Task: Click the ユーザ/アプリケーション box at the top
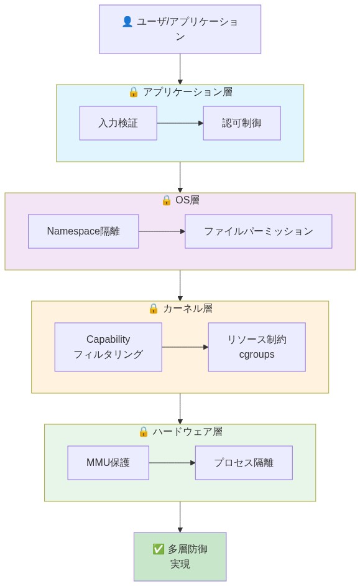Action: [180, 29]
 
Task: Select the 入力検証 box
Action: [118, 123]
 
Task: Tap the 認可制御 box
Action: [242, 123]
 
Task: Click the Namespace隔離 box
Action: [83, 231]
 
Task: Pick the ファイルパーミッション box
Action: [258, 231]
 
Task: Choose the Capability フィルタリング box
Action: [108, 347]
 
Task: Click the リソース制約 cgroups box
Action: [257, 347]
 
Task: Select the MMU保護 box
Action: [108, 463]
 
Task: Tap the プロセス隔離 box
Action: [244, 463]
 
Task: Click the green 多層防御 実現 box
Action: [180, 557]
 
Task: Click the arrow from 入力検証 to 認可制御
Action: [180, 123]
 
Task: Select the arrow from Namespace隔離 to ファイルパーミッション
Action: [162, 231]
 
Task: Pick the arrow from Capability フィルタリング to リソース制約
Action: [185, 347]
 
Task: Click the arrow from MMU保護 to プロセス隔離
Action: [172, 463]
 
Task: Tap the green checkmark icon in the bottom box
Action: [159, 549]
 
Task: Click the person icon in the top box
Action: [127, 22]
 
